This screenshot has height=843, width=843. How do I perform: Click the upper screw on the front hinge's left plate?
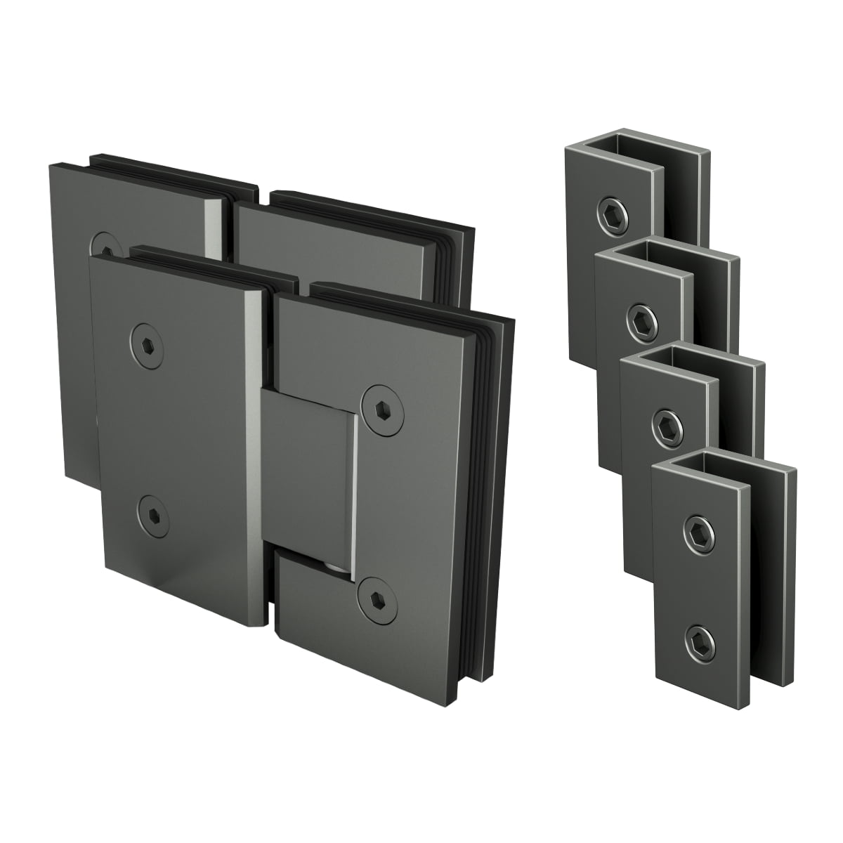click(x=148, y=342)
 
